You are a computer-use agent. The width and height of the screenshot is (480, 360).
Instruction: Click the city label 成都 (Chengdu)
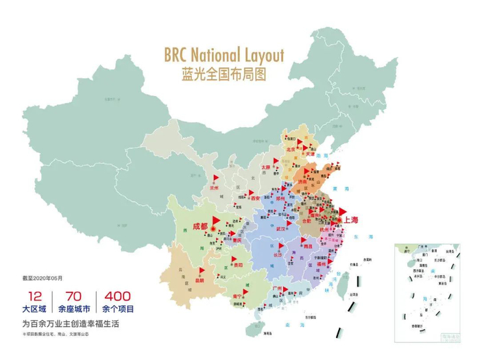tap(200, 226)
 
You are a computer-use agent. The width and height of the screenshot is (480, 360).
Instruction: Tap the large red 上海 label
tap(351, 220)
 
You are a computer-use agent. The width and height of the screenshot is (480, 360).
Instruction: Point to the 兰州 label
tap(215, 187)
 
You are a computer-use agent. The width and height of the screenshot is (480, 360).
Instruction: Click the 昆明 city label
tap(200, 280)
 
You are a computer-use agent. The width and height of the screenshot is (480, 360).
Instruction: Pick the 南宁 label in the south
tap(241, 296)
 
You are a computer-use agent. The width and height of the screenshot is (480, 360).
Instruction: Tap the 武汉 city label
tap(280, 229)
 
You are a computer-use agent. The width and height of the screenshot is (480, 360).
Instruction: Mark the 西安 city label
tap(255, 197)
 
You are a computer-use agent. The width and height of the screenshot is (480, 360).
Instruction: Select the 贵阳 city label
tap(237, 263)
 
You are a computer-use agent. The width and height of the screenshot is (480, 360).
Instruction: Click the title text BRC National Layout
tap(224, 53)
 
